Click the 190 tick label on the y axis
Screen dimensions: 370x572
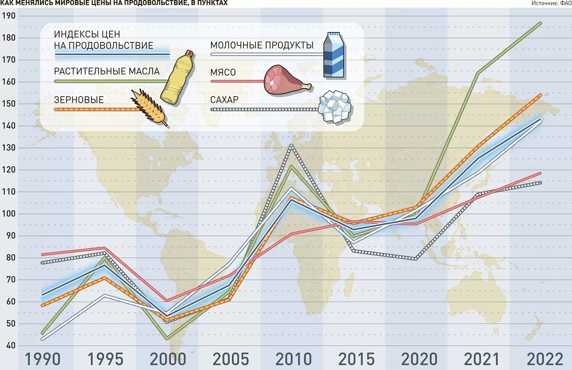point(9,16)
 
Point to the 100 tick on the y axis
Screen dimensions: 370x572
point(9,213)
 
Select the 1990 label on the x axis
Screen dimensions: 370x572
point(43,359)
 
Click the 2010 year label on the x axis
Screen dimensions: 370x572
point(294,359)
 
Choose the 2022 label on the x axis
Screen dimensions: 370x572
point(545,359)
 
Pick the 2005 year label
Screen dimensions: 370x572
point(231,359)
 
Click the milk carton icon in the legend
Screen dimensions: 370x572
point(334,55)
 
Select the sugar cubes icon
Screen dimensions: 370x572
point(335,107)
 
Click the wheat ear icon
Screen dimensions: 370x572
point(149,107)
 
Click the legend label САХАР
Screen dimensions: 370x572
point(224,100)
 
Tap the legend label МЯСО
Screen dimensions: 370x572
point(223,72)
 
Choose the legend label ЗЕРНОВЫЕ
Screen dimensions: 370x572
point(79,100)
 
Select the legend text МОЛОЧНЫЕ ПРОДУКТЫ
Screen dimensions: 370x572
point(262,45)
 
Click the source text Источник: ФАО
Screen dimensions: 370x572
point(551,3)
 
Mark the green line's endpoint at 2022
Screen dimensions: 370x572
point(540,23)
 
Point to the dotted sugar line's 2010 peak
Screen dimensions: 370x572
point(292,145)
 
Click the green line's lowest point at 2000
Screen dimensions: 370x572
point(168,339)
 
